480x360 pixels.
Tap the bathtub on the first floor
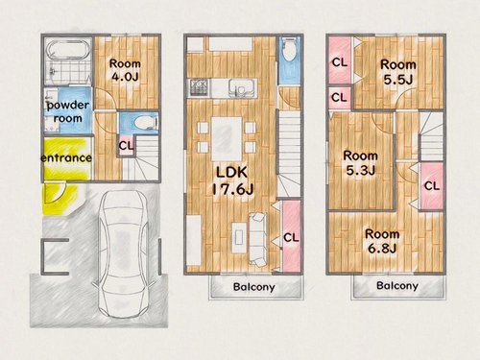[66, 51]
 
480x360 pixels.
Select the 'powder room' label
[68, 111]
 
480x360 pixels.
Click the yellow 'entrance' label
[66, 158]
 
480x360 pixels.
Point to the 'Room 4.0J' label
[125, 70]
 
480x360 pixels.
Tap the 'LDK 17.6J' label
[232, 180]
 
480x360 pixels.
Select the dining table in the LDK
[227, 139]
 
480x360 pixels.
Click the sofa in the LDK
[258, 239]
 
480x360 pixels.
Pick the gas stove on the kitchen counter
[200, 87]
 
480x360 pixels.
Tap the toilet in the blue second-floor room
[290, 50]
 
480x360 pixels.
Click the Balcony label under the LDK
[254, 287]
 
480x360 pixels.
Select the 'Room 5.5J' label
[398, 72]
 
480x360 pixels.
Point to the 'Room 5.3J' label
[361, 163]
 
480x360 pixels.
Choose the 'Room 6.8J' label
[382, 241]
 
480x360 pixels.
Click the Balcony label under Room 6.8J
[397, 285]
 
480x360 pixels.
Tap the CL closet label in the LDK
[291, 237]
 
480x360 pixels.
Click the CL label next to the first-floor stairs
[126, 146]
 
